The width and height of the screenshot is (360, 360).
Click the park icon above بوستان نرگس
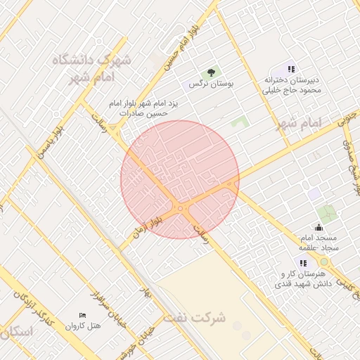point(210,72)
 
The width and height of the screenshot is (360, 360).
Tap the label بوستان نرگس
point(210,84)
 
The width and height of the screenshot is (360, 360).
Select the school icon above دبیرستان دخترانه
point(291,69)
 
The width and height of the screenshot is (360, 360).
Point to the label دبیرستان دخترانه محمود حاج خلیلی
point(292,85)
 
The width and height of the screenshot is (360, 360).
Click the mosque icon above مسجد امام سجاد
point(319,227)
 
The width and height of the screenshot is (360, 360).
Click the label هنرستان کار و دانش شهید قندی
point(304,278)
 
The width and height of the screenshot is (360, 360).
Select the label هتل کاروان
point(84,326)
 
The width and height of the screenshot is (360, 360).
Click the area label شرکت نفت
point(195,318)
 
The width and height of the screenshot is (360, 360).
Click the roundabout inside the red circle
point(182,208)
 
